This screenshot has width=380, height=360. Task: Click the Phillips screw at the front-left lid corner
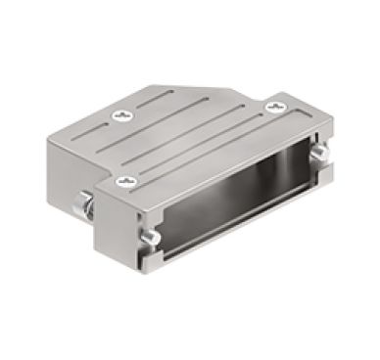[124, 181]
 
